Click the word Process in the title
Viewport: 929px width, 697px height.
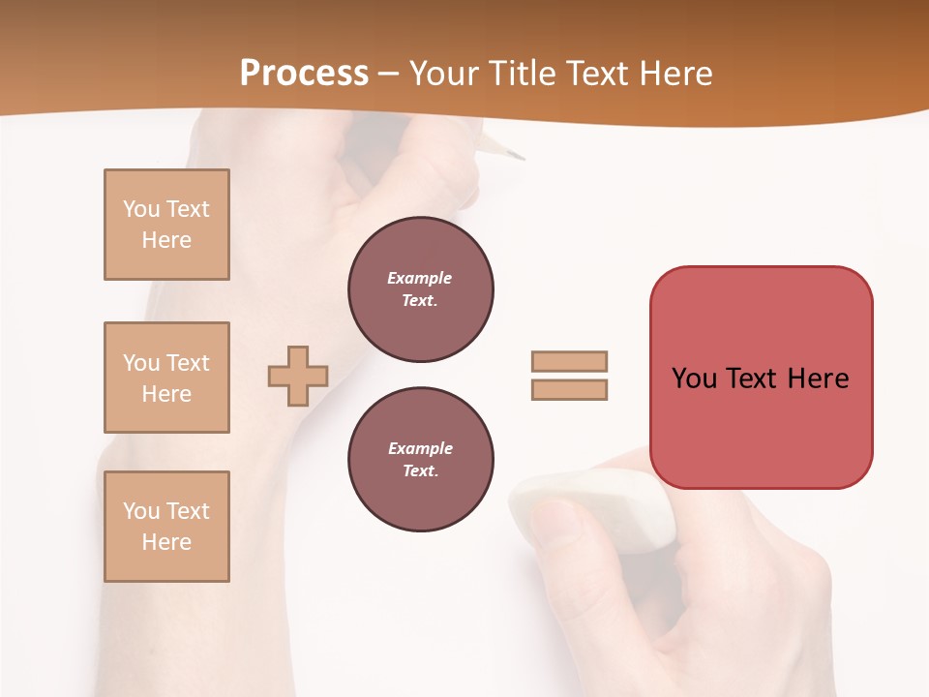tap(304, 73)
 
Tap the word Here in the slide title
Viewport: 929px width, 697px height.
tap(674, 73)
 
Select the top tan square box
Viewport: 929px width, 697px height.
tap(166, 225)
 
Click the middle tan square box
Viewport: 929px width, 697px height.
tap(166, 378)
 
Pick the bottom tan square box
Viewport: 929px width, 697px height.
tap(166, 526)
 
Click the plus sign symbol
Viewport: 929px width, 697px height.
tap(298, 376)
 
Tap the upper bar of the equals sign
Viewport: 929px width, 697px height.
tap(569, 361)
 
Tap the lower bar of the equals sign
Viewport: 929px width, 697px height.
tap(569, 389)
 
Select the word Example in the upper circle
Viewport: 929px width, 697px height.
tap(419, 278)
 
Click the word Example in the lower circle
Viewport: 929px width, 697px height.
tap(420, 448)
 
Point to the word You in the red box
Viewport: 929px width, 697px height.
tap(693, 379)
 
